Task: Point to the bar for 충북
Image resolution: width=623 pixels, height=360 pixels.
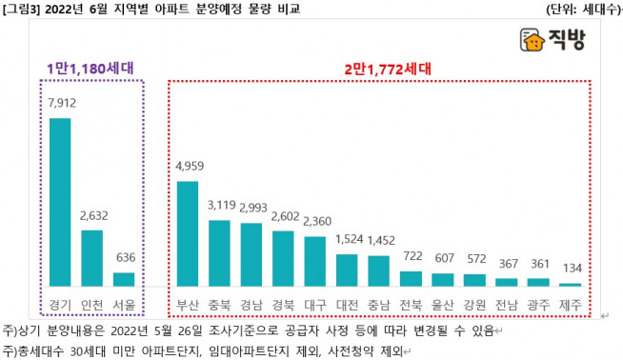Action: (220, 252)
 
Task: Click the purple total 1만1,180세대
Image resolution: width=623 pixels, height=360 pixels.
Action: (91, 69)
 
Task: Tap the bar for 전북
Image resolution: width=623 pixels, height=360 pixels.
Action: (411, 278)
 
